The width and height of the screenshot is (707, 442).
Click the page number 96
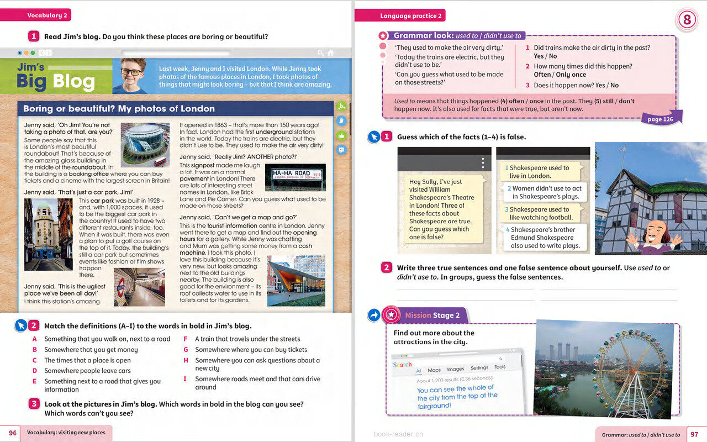(x=12, y=433)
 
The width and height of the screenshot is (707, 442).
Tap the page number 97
(x=694, y=434)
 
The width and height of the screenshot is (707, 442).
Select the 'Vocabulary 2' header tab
(x=47, y=15)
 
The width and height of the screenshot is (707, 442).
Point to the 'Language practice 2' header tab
(x=410, y=16)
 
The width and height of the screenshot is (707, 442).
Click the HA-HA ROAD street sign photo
(x=298, y=177)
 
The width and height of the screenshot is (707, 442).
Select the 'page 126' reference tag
(x=660, y=119)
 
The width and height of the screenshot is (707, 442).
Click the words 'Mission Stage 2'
(x=432, y=315)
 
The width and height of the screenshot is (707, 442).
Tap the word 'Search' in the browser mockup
(x=402, y=365)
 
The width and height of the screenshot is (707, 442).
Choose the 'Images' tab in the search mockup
(x=455, y=369)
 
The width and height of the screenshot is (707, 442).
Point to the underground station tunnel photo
(x=139, y=287)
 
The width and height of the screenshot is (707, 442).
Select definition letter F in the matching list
(x=186, y=339)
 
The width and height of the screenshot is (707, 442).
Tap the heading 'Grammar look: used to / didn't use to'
(x=457, y=36)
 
